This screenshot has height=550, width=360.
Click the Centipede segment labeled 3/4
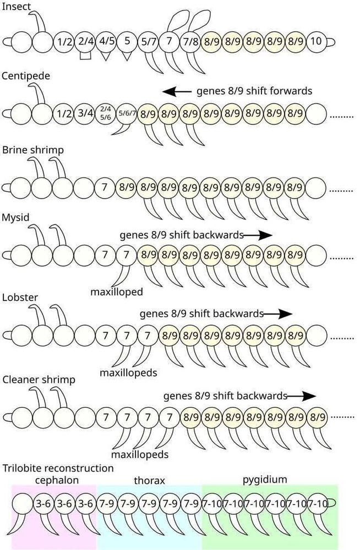85,115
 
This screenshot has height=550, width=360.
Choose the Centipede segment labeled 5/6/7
127,115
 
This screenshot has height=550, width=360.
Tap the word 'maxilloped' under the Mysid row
117,291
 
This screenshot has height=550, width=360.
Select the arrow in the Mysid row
259,235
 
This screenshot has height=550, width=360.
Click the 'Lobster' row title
20,298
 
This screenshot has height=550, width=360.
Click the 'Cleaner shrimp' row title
39,380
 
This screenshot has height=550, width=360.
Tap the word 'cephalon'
53,480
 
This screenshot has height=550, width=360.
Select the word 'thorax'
150,481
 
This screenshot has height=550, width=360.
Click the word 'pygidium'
265,480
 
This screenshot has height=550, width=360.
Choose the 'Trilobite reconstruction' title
58,468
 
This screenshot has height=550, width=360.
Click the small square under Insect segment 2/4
85,56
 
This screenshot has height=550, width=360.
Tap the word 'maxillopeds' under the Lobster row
128,373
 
